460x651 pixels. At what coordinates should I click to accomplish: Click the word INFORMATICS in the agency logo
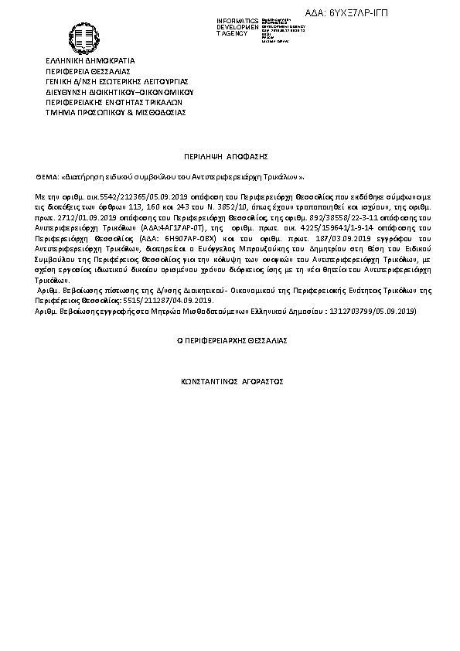237,19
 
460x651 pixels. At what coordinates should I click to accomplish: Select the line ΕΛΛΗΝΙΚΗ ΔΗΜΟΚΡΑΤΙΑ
90,60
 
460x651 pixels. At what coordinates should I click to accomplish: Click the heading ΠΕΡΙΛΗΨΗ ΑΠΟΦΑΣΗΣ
230,155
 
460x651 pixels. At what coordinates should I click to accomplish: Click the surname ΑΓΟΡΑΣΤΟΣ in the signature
260,382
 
